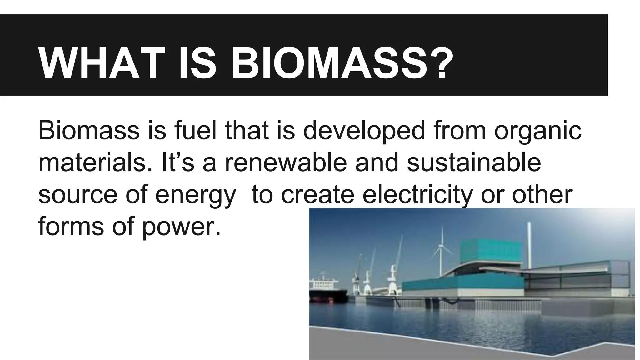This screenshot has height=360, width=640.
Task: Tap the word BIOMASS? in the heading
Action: pyautogui.click(x=342, y=64)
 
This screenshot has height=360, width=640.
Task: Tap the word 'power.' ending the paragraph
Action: pyautogui.click(x=181, y=227)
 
